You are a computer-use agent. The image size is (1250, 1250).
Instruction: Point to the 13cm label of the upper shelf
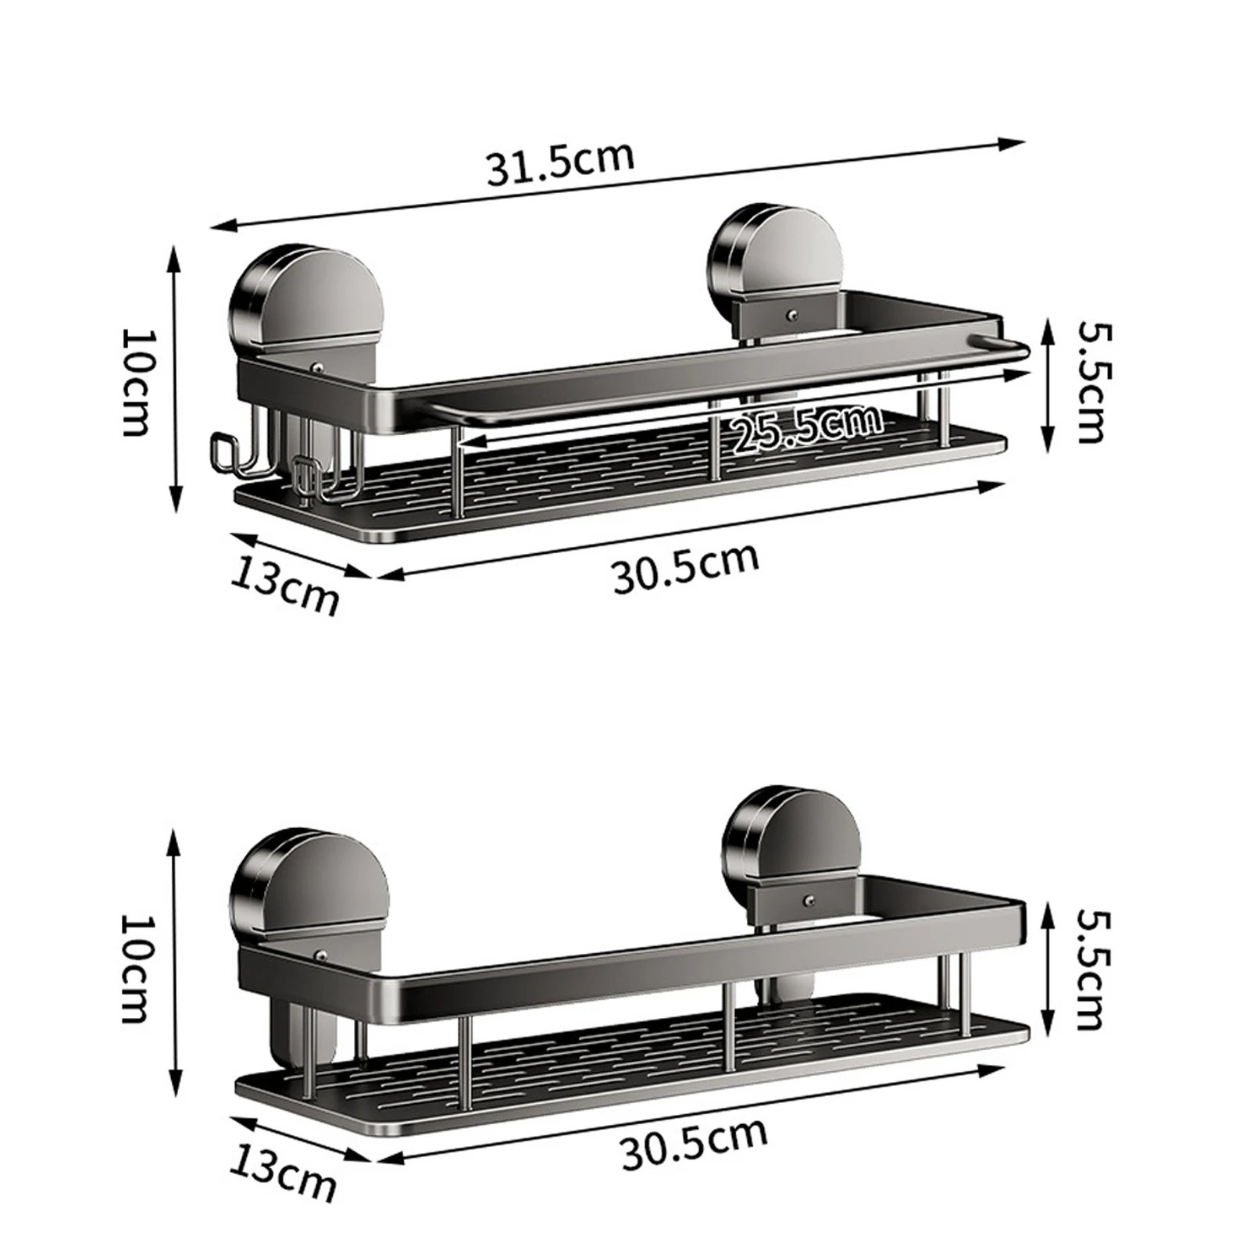(285, 588)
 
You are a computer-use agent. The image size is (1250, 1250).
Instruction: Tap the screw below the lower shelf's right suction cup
(809, 902)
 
